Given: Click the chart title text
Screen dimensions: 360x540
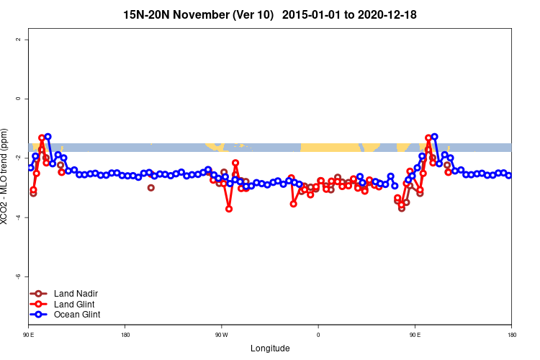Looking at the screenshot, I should (x=270, y=14).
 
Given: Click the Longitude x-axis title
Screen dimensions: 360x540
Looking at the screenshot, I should (x=270, y=348).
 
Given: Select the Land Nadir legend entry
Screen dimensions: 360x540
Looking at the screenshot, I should (x=76, y=294).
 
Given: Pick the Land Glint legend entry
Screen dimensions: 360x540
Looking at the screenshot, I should (x=74, y=304).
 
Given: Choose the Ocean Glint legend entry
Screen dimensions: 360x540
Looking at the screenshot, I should (x=77, y=315).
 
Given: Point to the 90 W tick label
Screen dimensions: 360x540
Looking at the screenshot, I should (x=221, y=334).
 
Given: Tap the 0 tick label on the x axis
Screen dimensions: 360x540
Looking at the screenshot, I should (x=318, y=334).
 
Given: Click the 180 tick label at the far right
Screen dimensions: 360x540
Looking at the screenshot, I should (x=511, y=334).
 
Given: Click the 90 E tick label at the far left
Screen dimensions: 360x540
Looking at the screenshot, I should (x=29, y=334).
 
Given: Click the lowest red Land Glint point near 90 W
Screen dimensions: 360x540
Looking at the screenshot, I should (x=229, y=209).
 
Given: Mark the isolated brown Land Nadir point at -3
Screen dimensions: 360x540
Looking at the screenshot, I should (x=151, y=188).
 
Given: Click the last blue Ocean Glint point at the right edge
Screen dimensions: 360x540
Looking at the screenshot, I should (x=509, y=175).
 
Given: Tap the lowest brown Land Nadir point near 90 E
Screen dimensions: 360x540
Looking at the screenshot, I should (x=402, y=208).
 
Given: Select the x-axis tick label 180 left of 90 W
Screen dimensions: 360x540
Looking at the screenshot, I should (x=125, y=334).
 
